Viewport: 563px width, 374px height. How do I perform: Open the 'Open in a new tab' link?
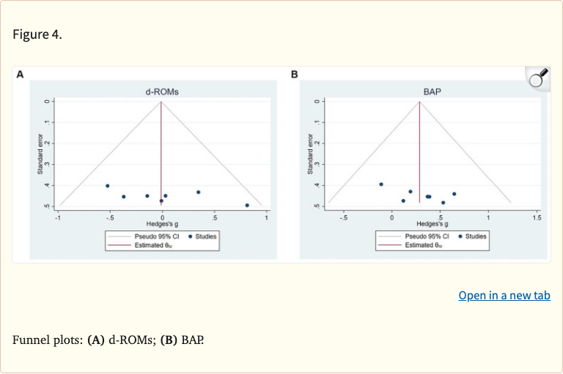[504, 296]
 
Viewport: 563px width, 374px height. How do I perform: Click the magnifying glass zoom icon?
[538, 78]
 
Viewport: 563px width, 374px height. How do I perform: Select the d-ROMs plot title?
[162, 92]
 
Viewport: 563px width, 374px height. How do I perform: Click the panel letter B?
[295, 75]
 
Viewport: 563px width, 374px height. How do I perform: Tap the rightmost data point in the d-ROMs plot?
[247, 206]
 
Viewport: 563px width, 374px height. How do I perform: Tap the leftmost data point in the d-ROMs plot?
[107, 186]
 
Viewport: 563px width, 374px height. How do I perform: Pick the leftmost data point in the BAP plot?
[381, 184]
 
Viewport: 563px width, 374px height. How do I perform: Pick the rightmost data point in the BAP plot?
[455, 194]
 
